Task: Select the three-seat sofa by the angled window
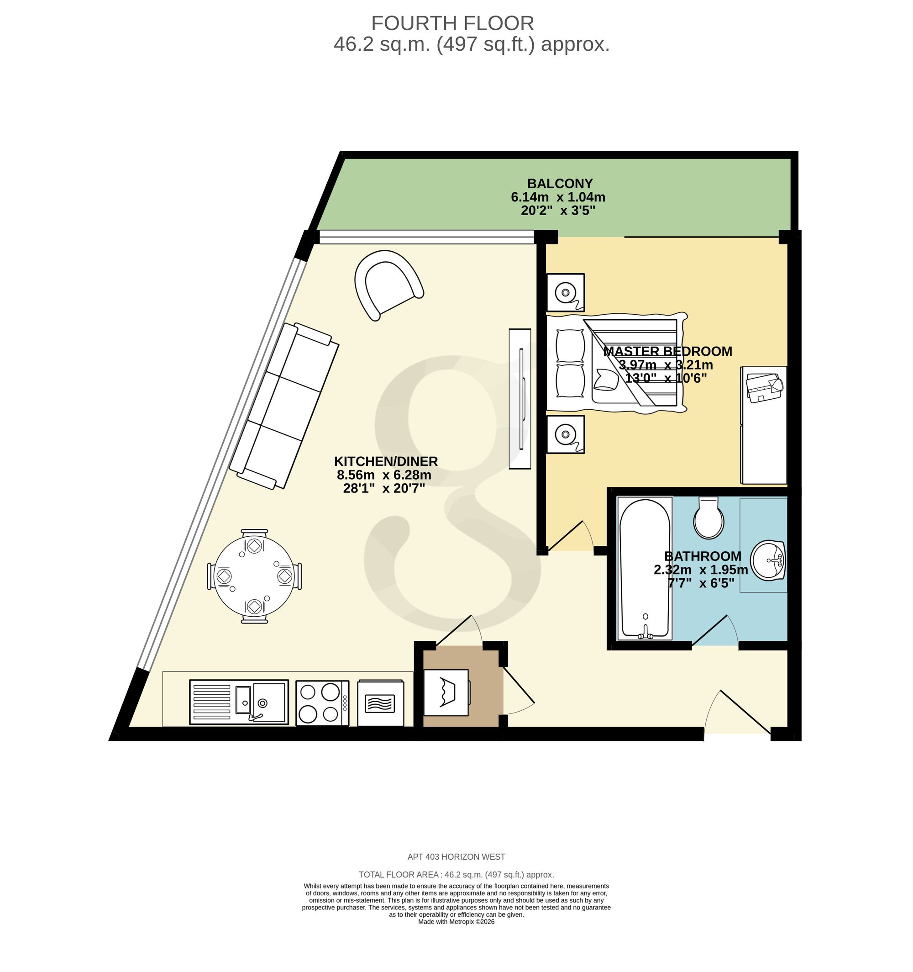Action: click(284, 405)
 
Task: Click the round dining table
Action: click(255, 576)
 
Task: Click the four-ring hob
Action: click(323, 703)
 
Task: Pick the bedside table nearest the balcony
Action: click(566, 292)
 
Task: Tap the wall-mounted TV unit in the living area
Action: click(520, 399)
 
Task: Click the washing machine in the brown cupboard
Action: click(447, 693)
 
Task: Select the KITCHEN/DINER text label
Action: click(386, 461)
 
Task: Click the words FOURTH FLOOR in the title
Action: click(452, 23)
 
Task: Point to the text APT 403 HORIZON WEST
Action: click(456, 857)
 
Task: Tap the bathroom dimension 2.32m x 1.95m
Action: click(701, 570)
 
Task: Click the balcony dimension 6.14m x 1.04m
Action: click(558, 197)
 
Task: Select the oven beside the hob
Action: click(381, 703)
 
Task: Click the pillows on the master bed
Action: click(570, 364)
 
